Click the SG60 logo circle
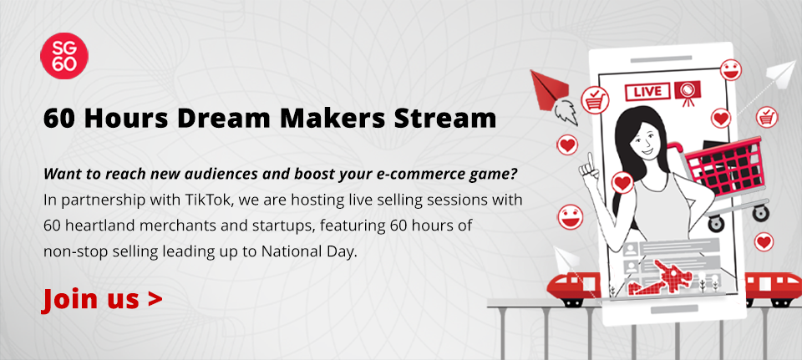(x=64, y=56)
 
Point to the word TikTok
(x=206, y=200)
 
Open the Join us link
(x=102, y=299)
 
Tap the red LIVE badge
(x=647, y=92)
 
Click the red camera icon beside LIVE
(x=687, y=93)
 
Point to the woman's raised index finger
(x=589, y=160)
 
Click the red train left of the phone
(x=573, y=289)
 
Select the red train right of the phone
(x=773, y=289)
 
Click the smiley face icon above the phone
(x=731, y=69)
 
